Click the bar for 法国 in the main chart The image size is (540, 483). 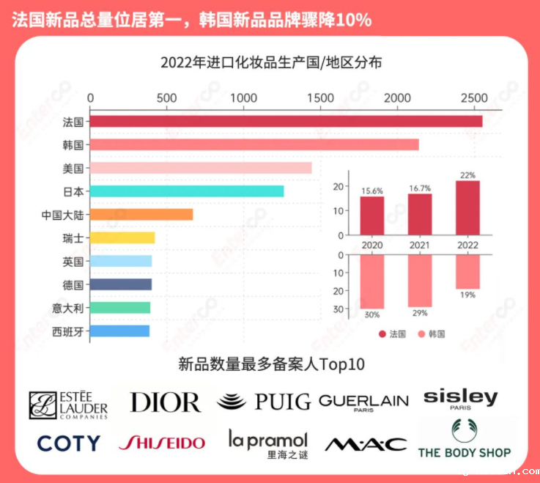286,122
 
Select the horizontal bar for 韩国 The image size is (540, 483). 254,145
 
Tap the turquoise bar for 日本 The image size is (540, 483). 187,191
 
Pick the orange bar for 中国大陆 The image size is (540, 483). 141,215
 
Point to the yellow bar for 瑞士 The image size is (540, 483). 122,237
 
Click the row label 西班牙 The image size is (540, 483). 68,331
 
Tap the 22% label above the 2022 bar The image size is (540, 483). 467,175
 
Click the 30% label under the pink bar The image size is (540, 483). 372,315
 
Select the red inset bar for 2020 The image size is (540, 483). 372,215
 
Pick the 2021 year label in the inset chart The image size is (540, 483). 420,244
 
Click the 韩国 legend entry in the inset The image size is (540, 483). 431,334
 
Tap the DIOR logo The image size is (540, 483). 165,402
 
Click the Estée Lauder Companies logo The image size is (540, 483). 68,405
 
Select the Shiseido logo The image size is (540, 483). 161,443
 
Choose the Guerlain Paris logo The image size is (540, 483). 363,402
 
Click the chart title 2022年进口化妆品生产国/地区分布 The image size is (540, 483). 271,62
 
